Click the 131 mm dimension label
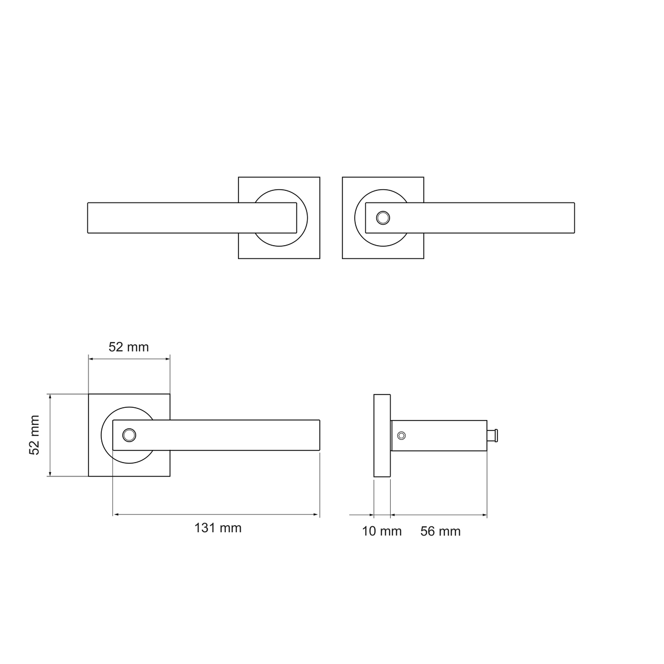point(218,528)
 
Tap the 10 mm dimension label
point(381,531)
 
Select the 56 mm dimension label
point(440,531)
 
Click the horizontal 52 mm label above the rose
point(128,347)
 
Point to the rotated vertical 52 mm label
point(34,435)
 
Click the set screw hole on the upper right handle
point(383,218)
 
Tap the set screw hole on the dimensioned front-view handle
point(129,435)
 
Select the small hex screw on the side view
point(401,435)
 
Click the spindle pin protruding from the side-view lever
point(492,435)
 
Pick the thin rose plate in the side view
point(382,435)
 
